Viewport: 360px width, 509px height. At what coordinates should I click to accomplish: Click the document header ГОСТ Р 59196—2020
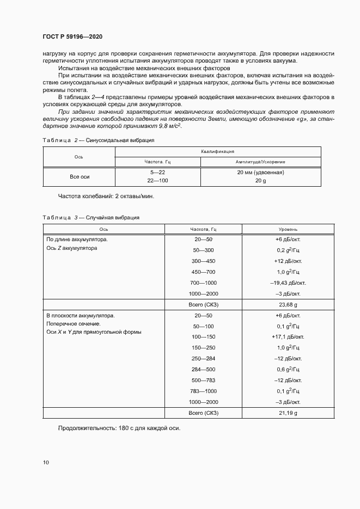tap(72, 36)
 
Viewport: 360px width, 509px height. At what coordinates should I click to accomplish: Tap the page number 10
tap(46, 463)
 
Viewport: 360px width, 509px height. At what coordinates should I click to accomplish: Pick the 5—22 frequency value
tap(157, 173)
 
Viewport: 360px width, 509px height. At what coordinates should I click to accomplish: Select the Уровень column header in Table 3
tap(288, 229)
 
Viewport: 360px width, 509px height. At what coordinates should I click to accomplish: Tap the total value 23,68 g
tap(288, 304)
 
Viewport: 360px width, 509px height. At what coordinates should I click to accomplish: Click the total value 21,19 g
tap(288, 413)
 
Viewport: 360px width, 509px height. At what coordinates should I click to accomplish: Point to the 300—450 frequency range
tap(203, 261)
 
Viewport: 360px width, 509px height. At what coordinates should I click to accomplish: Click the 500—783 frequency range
tap(203, 380)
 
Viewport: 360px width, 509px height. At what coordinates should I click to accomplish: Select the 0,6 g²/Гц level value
tap(288, 370)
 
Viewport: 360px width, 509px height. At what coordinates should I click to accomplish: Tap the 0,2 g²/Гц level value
tap(288, 250)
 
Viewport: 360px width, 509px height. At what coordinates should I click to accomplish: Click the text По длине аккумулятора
tap(77, 239)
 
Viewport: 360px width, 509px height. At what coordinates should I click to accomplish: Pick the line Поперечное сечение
tap(74, 324)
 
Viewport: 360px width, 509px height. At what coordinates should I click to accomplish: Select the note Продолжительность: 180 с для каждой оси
tap(119, 428)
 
